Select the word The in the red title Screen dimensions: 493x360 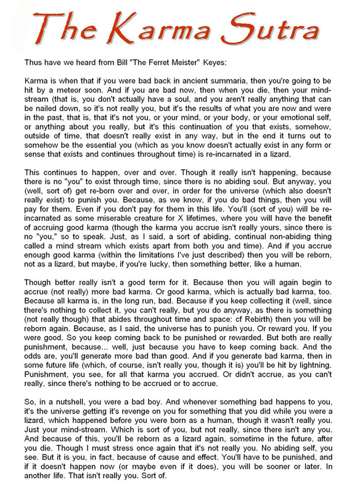tap(61, 30)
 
